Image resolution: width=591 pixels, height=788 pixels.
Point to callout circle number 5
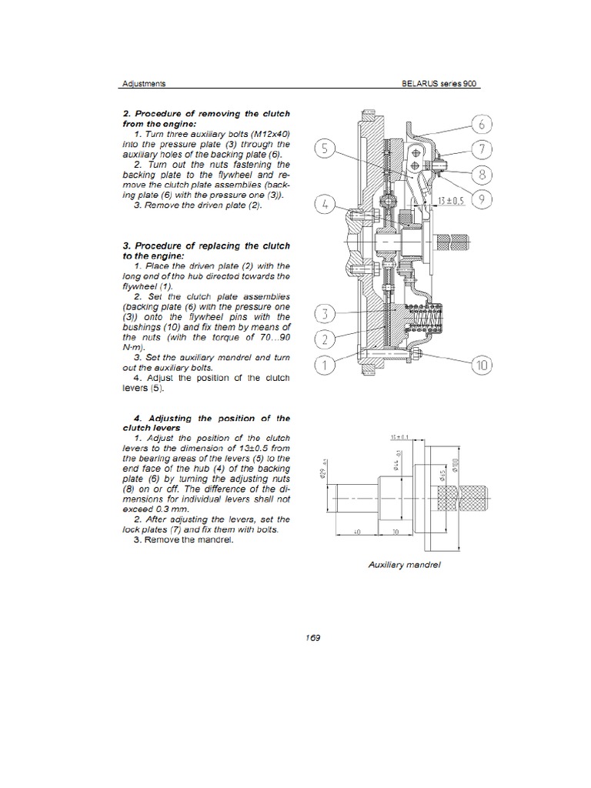326,150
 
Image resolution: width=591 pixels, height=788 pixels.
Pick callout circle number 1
326,365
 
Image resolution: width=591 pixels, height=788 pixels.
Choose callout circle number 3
326,314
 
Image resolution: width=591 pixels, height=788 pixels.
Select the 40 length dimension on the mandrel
358,532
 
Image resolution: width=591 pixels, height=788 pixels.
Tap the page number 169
312,637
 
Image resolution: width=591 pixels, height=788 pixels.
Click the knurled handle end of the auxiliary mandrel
472,498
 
